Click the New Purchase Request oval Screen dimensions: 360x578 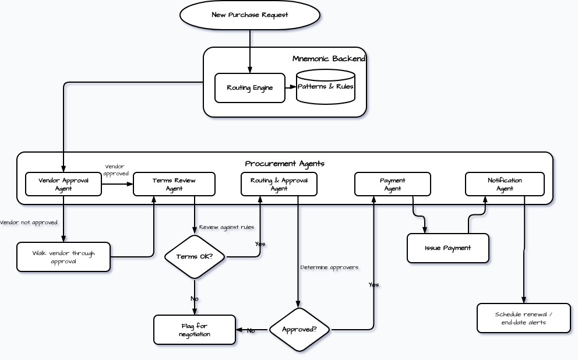[250, 15]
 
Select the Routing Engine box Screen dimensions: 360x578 [250, 88]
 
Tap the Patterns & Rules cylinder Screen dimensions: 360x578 [325, 87]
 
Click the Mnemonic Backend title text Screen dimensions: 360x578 [329, 59]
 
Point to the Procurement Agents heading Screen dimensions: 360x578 [284, 164]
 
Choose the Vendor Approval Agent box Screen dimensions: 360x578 [64, 184]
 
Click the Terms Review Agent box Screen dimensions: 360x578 [174, 184]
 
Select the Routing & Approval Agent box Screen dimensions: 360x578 [279, 184]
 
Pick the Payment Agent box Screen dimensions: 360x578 [393, 184]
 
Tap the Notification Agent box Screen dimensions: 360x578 [505, 184]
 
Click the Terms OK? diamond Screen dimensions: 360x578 [195, 257]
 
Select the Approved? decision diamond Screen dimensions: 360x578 [299, 330]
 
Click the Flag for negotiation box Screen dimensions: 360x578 [195, 330]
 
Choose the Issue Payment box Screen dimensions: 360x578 [447, 248]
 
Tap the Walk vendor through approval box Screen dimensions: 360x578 [64, 257]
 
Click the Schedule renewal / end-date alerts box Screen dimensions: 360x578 [523, 318]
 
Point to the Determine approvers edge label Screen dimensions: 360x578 [329, 267]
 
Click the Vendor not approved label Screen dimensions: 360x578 [29, 223]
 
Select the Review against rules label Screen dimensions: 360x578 [227, 227]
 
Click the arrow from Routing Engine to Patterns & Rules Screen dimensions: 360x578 [291, 87]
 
